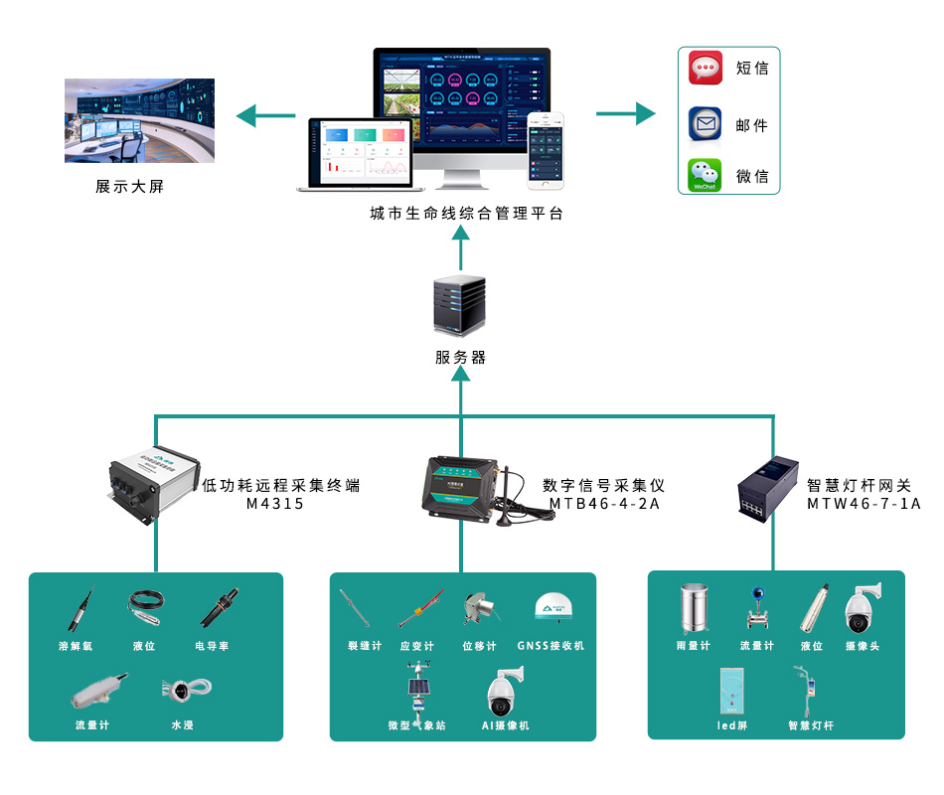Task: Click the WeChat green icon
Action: click(x=705, y=176)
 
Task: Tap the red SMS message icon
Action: click(x=706, y=69)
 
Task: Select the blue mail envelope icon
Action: click(x=706, y=124)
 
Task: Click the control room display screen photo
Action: click(x=139, y=120)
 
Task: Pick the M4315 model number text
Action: click(x=275, y=504)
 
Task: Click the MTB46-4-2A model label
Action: click(x=604, y=504)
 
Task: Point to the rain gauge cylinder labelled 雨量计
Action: click(x=693, y=609)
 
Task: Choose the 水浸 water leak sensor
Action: click(x=182, y=690)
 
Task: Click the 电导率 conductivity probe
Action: click(x=218, y=608)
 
